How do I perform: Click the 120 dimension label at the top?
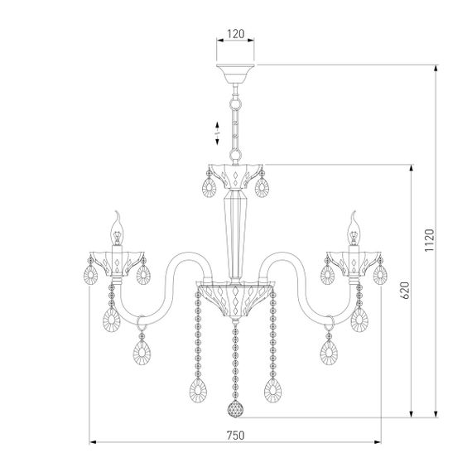236,35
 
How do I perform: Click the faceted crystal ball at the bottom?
236,411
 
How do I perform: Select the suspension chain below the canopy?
236,120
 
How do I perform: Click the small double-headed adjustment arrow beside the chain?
213,128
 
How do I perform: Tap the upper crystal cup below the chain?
236,176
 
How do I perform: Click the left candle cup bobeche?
118,260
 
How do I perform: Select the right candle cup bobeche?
354,260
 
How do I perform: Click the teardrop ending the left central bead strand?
200,389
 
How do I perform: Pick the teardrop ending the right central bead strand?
272,389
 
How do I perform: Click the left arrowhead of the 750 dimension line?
94,443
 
